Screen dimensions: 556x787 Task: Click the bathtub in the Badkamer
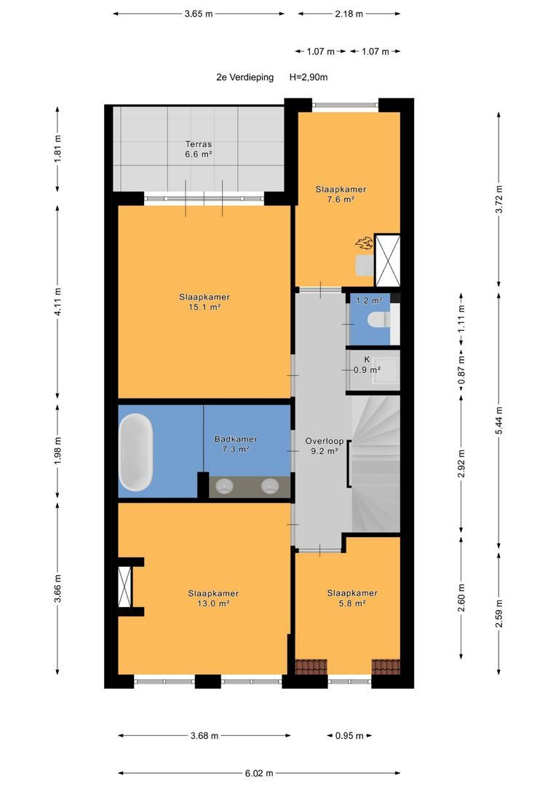(x=135, y=452)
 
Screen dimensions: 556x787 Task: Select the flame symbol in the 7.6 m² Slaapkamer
(x=365, y=243)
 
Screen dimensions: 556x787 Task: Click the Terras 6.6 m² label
(x=199, y=149)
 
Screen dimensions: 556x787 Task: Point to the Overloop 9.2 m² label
(x=325, y=446)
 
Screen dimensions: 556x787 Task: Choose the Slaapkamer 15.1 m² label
(x=204, y=302)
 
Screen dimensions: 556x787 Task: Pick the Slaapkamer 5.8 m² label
(x=352, y=598)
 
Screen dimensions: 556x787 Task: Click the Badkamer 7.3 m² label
(x=236, y=445)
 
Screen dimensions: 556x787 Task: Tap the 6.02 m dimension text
(x=259, y=773)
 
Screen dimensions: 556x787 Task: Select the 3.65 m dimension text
(x=199, y=14)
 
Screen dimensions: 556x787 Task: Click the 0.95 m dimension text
(x=349, y=736)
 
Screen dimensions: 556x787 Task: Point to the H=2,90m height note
(x=309, y=77)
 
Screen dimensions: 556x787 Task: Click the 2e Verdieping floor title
(x=245, y=77)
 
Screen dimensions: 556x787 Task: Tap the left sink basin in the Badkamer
(x=224, y=486)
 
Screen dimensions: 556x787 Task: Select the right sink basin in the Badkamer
(x=270, y=486)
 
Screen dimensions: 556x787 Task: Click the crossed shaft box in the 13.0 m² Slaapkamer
(x=124, y=587)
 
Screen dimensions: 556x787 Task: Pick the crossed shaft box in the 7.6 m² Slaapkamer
(x=388, y=260)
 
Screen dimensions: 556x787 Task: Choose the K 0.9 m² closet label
(x=367, y=365)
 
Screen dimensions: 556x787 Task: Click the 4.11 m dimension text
(x=57, y=302)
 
